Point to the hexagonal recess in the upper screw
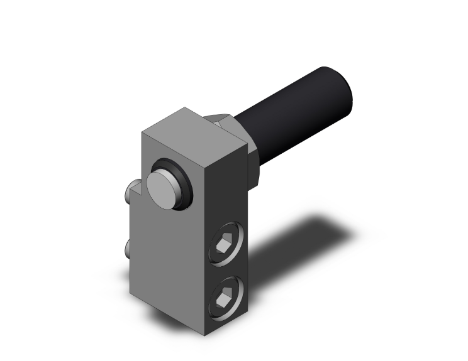pos(225,242)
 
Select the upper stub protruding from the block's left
pos(133,188)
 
